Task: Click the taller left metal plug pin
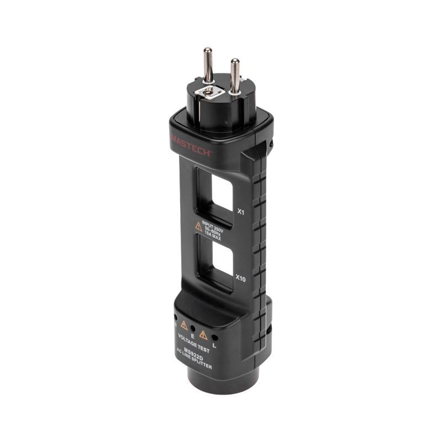coord(208,65)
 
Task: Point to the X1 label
coord(240,211)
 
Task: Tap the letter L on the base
coord(214,346)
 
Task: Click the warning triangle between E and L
coord(203,334)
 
